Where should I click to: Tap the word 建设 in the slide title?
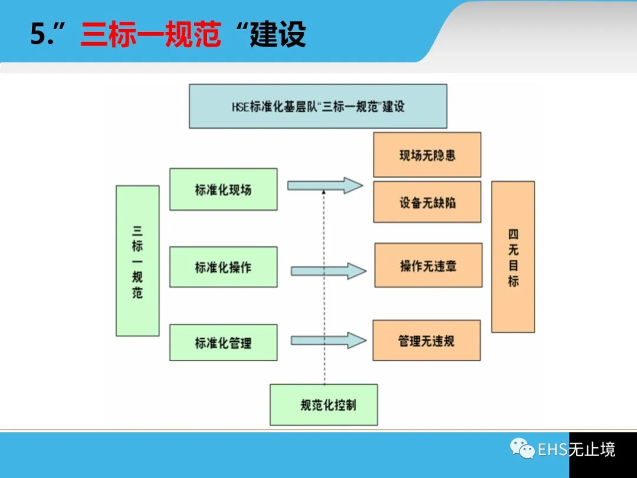click(x=278, y=35)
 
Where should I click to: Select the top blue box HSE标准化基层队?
click(x=318, y=106)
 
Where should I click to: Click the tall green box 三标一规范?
click(x=137, y=261)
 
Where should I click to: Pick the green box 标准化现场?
click(x=223, y=189)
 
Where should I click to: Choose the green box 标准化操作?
click(x=223, y=267)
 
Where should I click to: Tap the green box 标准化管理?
click(x=223, y=342)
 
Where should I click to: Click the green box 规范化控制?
click(x=323, y=405)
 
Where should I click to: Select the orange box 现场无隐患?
click(x=427, y=155)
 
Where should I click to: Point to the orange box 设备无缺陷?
click(x=427, y=202)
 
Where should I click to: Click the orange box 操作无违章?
click(x=428, y=266)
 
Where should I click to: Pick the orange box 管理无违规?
click(x=426, y=341)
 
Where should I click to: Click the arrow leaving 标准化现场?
click(x=324, y=185)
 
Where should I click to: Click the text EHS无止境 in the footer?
click(x=576, y=450)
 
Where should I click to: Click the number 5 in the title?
click(x=38, y=35)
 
